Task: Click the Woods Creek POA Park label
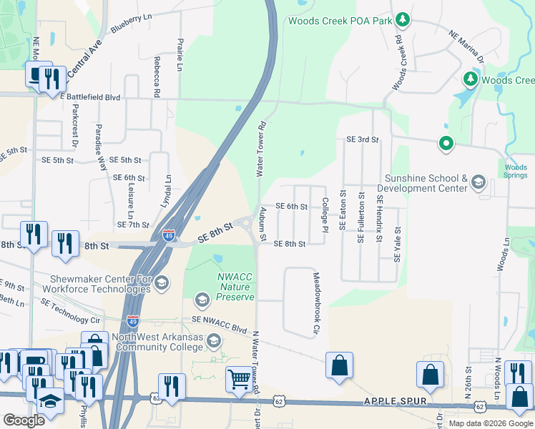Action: (x=340, y=20)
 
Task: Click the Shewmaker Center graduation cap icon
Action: (x=162, y=284)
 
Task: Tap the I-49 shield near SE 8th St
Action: (x=167, y=235)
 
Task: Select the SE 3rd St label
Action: (x=362, y=139)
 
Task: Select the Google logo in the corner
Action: (x=24, y=420)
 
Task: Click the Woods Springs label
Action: (x=516, y=172)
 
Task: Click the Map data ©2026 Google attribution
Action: (x=491, y=423)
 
